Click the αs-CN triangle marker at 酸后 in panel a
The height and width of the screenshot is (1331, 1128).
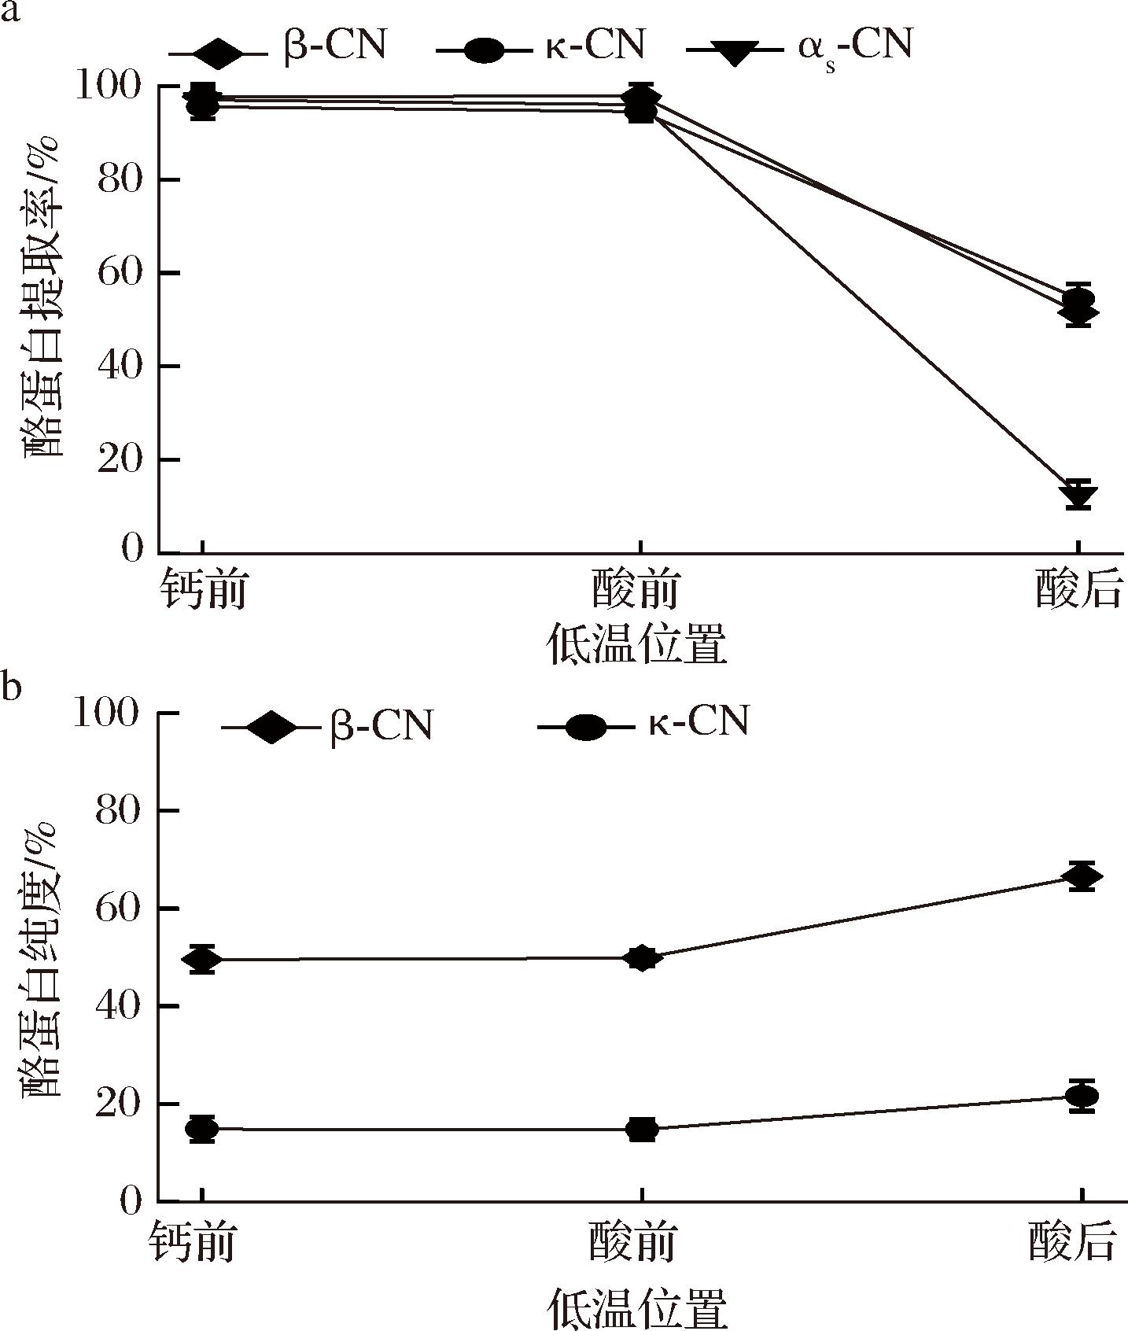point(1078,496)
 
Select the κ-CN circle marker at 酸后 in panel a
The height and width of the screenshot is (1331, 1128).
point(1078,300)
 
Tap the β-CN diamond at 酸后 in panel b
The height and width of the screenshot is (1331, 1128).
point(1082,876)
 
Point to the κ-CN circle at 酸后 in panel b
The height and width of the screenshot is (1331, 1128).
point(1082,1095)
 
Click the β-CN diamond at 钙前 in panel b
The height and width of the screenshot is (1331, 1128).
point(202,960)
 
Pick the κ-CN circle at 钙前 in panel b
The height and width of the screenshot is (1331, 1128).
point(202,1129)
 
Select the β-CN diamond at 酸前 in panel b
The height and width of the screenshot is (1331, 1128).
point(642,958)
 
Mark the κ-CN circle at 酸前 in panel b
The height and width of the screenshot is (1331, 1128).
point(642,1130)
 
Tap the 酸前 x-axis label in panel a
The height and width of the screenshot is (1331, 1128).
point(636,589)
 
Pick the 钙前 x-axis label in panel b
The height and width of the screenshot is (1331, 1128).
point(192,1243)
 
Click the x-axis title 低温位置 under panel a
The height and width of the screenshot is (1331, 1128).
point(636,645)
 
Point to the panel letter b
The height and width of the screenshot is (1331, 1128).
point(11,686)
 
